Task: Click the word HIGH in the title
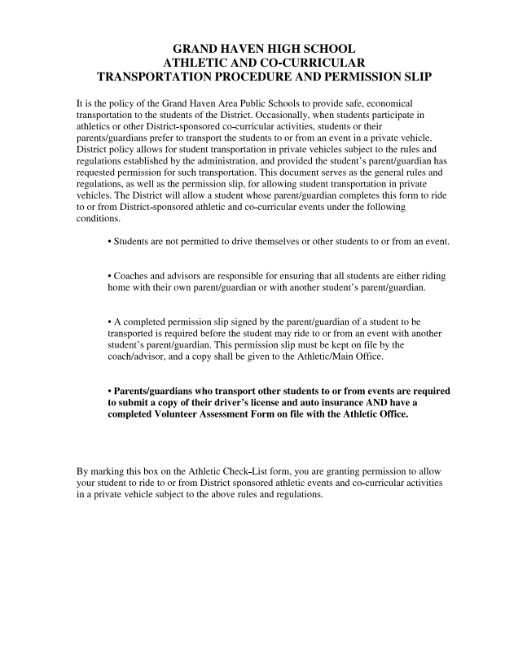(274, 49)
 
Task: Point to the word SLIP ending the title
(414, 77)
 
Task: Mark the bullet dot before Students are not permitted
(110, 242)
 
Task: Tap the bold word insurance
(334, 402)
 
